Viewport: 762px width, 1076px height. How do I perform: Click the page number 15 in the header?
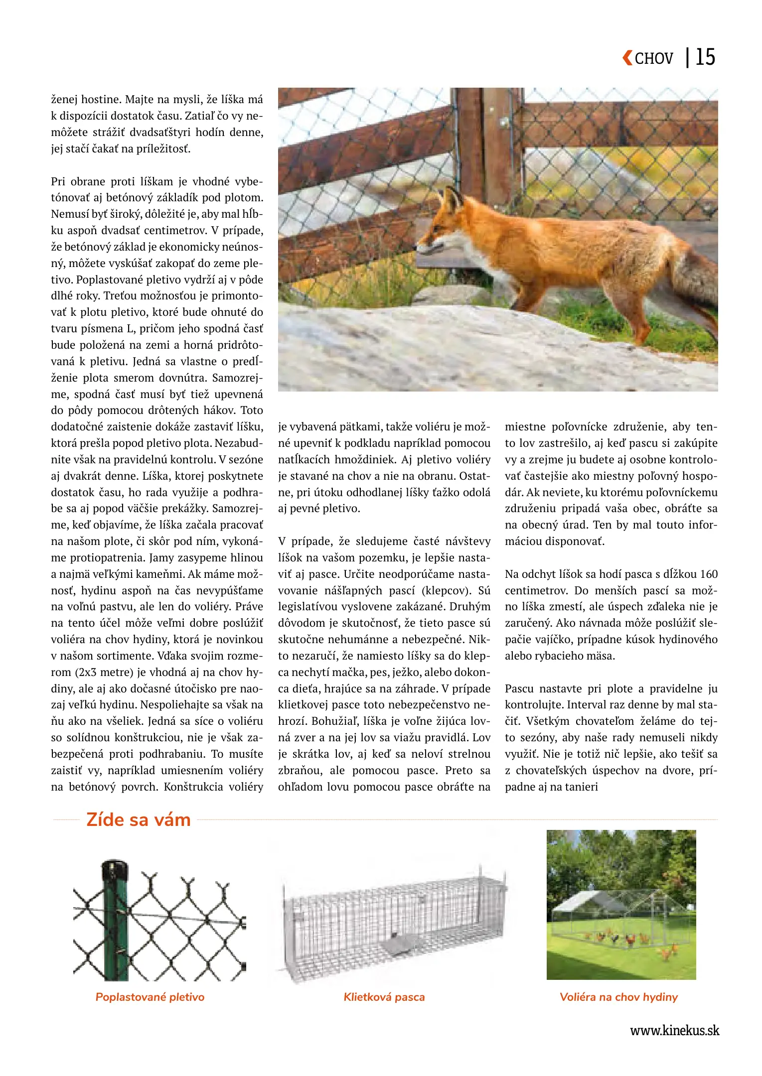[705, 57]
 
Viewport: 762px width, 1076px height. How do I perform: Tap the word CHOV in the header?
[653, 59]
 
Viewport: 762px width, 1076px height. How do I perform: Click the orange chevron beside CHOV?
[627, 58]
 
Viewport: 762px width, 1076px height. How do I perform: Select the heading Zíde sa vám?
[139, 819]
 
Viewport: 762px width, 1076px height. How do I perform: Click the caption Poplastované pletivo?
[150, 997]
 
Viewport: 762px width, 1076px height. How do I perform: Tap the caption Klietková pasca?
[384, 997]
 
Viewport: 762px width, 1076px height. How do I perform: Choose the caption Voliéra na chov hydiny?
[618, 997]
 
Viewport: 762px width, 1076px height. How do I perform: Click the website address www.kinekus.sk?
[674, 1031]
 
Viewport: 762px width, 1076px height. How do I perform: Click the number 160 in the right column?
[708, 574]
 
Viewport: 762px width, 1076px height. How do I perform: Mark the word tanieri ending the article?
[581, 787]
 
